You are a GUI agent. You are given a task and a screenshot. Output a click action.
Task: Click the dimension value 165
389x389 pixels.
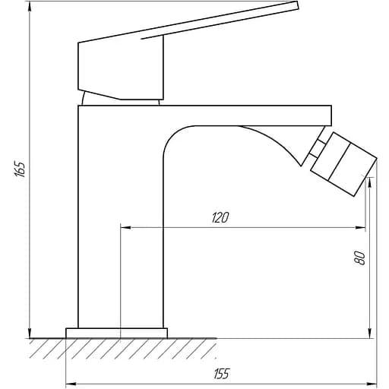tap(21, 169)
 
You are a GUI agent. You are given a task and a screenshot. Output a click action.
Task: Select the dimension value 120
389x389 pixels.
tap(220, 218)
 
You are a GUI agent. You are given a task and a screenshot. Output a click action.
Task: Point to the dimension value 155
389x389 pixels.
tap(221, 373)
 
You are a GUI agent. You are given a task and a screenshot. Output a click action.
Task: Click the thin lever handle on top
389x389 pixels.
tap(228, 22)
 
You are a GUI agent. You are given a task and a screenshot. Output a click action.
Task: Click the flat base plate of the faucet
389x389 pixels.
tap(116, 333)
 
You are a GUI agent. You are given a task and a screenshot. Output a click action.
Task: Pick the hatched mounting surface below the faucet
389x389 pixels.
tap(122, 349)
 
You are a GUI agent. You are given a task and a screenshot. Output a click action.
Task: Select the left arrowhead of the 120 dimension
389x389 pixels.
tap(125, 226)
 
